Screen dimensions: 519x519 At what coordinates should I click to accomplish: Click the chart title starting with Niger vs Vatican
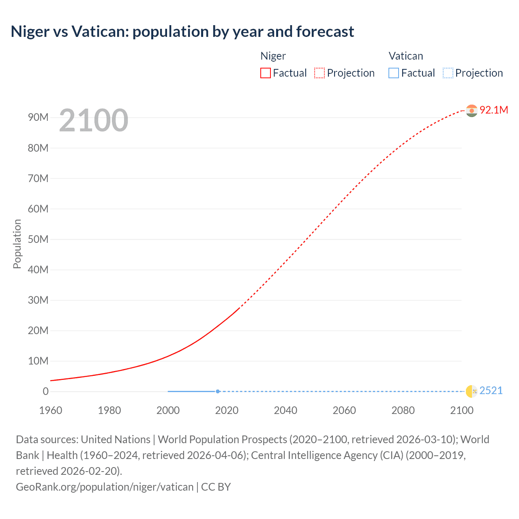pyautogui.click(x=182, y=31)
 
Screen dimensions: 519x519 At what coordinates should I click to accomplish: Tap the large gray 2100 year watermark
pyautogui.click(x=94, y=120)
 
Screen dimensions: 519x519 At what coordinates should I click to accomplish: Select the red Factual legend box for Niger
pyautogui.click(x=266, y=73)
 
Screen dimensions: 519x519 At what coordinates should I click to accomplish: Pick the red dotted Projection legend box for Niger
pyautogui.click(x=320, y=73)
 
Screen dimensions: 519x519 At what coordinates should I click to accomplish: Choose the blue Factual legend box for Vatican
pyautogui.click(x=394, y=73)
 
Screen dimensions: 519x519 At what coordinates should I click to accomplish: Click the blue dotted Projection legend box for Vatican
pyautogui.click(x=448, y=73)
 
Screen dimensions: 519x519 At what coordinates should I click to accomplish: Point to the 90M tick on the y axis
pyautogui.click(x=38, y=118)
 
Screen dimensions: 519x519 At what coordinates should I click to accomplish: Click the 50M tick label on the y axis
pyautogui.click(x=38, y=239)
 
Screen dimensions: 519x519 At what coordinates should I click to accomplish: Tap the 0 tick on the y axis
pyautogui.click(x=45, y=391)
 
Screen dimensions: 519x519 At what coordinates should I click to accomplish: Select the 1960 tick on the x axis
pyautogui.click(x=51, y=410)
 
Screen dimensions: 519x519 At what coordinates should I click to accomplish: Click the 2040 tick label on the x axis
pyautogui.click(x=285, y=410)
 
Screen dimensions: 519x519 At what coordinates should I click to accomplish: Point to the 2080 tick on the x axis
pyautogui.click(x=403, y=410)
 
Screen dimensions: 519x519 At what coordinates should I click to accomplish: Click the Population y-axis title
pyautogui.click(x=17, y=244)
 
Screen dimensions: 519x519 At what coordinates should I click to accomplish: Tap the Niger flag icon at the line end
pyautogui.click(x=472, y=110)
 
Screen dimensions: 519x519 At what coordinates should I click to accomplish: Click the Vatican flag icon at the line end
pyautogui.click(x=472, y=391)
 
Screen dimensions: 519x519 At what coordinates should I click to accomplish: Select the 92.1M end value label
pyautogui.click(x=493, y=110)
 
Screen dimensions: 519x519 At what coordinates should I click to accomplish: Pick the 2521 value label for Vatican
pyautogui.click(x=491, y=390)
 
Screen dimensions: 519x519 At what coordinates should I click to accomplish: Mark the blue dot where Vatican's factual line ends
pyautogui.click(x=218, y=391)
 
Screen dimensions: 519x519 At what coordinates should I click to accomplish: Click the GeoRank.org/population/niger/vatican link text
pyautogui.click(x=105, y=487)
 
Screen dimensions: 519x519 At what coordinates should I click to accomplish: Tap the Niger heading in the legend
pyautogui.click(x=273, y=56)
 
